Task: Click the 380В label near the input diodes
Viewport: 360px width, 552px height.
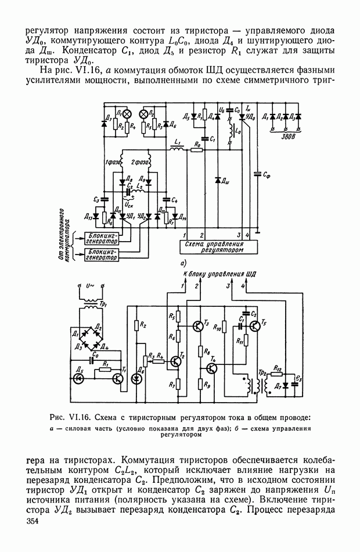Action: click(x=280, y=139)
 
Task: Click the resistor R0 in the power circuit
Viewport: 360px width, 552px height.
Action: click(x=197, y=149)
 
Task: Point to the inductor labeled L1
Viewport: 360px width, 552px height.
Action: click(x=178, y=149)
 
